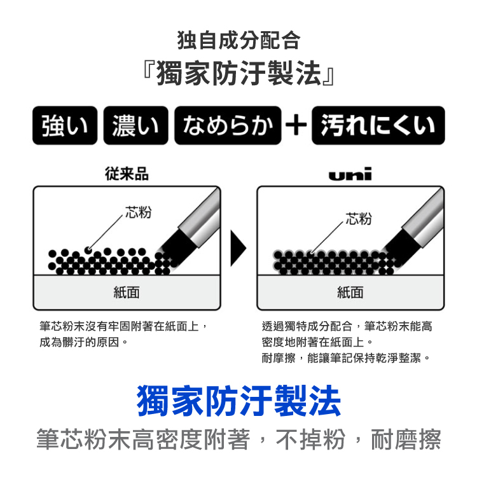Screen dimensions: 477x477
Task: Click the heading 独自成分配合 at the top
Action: (238, 41)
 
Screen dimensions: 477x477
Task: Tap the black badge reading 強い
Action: (65, 125)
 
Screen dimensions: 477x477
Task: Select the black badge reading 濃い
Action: (135, 125)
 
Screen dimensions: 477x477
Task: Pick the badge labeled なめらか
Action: (228, 125)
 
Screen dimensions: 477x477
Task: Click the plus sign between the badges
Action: (296, 125)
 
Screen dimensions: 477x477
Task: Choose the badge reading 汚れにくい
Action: (378, 125)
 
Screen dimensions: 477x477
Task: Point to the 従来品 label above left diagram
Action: (127, 174)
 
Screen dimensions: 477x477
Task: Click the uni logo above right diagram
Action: (350, 174)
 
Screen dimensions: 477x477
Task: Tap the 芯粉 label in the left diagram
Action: (139, 212)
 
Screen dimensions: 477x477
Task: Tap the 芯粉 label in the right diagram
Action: (358, 218)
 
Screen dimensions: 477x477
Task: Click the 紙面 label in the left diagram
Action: (127, 293)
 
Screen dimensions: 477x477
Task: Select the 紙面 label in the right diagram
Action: (350, 293)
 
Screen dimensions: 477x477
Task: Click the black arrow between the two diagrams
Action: (238, 248)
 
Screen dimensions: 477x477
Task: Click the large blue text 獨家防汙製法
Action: (238, 400)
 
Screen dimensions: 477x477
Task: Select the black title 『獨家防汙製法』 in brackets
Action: (238, 73)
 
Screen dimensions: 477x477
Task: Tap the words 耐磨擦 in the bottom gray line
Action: (406, 439)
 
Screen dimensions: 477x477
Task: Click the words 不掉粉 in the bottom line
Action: (310, 439)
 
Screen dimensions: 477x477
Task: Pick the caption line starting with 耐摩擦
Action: (345, 358)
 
